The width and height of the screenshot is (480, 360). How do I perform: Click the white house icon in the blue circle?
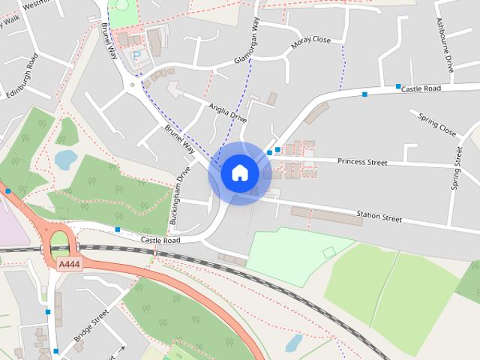[239, 172]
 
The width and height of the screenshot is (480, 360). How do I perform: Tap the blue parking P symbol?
[136, 55]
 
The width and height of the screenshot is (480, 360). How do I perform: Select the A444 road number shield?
[68, 264]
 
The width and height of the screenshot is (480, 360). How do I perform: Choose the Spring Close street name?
[437, 126]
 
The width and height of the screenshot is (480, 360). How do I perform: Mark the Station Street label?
[379, 217]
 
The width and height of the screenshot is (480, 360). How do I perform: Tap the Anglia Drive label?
[228, 112]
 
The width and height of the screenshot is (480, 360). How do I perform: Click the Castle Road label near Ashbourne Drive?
[429, 88]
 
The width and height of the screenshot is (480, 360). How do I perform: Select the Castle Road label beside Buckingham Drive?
[160, 240]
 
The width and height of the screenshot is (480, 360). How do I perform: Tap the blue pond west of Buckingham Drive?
[64, 159]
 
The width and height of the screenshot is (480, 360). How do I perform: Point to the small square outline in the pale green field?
[328, 253]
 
